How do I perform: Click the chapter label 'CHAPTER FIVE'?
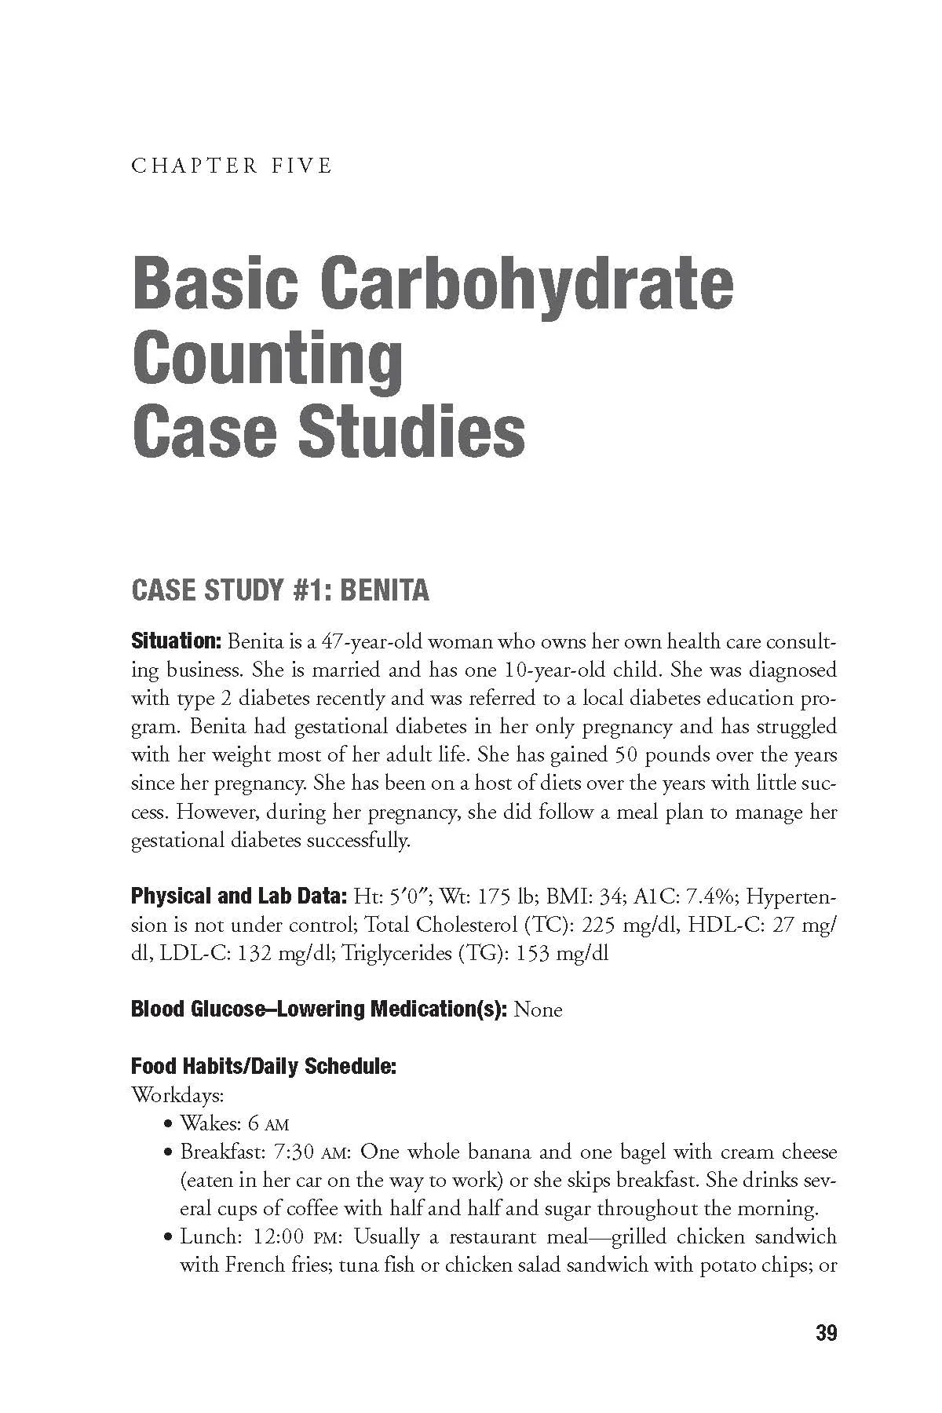(232, 166)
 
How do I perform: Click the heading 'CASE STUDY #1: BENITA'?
(280, 590)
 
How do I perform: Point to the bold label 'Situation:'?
(177, 641)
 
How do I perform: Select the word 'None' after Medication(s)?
(538, 1010)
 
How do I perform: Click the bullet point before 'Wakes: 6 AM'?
(169, 1124)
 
